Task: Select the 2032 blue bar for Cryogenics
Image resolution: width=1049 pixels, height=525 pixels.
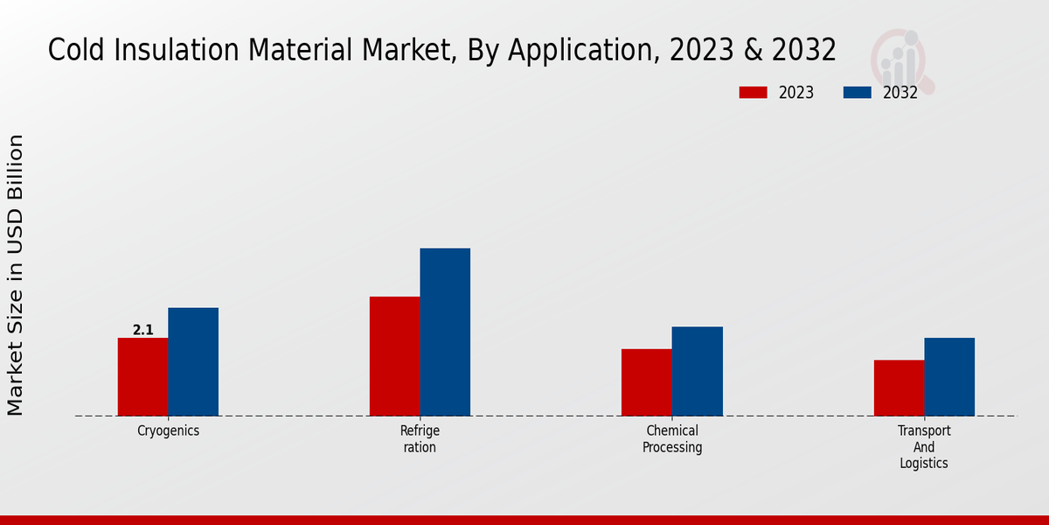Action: tap(193, 361)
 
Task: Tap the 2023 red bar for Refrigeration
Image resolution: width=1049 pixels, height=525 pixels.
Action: tap(394, 356)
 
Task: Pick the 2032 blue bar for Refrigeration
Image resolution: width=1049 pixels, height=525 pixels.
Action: tap(445, 332)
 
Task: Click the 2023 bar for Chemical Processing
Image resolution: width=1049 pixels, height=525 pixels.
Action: tap(647, 382)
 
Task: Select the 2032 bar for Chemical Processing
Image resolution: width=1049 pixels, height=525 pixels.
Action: tap(698, 371)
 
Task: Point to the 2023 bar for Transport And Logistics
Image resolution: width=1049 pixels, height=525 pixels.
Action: tap(899, 388)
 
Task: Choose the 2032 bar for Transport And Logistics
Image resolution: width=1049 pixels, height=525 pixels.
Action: tap(949, 376)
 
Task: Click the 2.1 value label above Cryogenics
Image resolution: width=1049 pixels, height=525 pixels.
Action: tap(142, 330)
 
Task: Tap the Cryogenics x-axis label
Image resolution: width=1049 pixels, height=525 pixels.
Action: tap(168, 430)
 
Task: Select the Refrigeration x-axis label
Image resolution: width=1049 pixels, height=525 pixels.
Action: tap(420, 438)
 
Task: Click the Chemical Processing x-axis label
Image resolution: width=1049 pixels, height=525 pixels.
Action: tap(672, 438)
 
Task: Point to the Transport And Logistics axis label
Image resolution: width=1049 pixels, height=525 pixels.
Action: tap(924, 446)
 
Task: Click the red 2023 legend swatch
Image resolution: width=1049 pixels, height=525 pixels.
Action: tap(753, 93)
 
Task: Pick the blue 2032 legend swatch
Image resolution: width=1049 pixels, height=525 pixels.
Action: tap(857, 93)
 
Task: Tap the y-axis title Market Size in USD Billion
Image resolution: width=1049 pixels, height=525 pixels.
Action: tap(16, 275)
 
